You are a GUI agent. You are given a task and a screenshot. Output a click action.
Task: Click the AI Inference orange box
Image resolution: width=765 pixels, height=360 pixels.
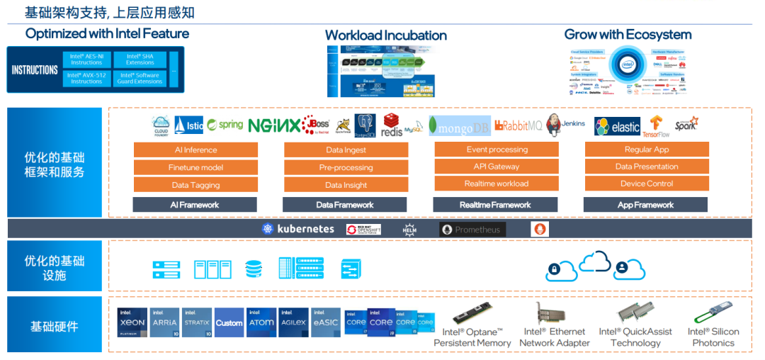click(195, 150)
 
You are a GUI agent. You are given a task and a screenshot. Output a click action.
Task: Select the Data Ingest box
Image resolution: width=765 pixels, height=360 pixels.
click(346, 150)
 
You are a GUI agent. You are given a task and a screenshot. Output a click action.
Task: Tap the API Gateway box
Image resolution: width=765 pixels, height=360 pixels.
click(496, 167)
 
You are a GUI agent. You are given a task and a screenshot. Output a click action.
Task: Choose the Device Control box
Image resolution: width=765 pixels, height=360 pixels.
click(646, 184)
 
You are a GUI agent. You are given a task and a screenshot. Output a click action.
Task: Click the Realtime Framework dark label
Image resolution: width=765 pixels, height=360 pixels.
click(495, 205)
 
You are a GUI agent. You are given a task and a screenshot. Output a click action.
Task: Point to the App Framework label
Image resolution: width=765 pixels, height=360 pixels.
click(645, 205)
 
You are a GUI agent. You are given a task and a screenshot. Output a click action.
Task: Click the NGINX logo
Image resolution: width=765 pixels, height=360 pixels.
click(274, 125)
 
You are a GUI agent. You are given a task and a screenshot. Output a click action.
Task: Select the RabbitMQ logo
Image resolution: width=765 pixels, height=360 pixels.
click(518, 125)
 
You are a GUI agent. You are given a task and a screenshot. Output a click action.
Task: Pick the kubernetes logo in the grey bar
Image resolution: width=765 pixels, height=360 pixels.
click(297, 229)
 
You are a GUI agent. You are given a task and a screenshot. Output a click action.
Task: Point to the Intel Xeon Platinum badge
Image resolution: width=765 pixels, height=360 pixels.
click(132, 322)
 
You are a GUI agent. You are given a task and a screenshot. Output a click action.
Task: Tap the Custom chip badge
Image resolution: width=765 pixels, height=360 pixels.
click(229, 322)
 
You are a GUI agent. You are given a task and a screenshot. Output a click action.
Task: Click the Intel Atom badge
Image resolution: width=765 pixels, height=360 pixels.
click(261, 322)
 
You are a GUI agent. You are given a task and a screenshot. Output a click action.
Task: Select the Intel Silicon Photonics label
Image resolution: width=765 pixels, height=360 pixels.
click(713, 337)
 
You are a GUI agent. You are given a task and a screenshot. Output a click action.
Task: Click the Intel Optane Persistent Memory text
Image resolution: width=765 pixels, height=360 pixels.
click(472, 337)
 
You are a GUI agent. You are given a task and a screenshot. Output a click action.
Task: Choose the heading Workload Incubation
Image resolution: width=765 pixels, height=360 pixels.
click(385, 35)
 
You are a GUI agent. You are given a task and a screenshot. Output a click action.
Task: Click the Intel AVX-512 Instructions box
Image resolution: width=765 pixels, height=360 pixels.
click(86, 78)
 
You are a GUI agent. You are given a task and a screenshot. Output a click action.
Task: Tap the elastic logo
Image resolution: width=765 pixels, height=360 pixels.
click(617, 127)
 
